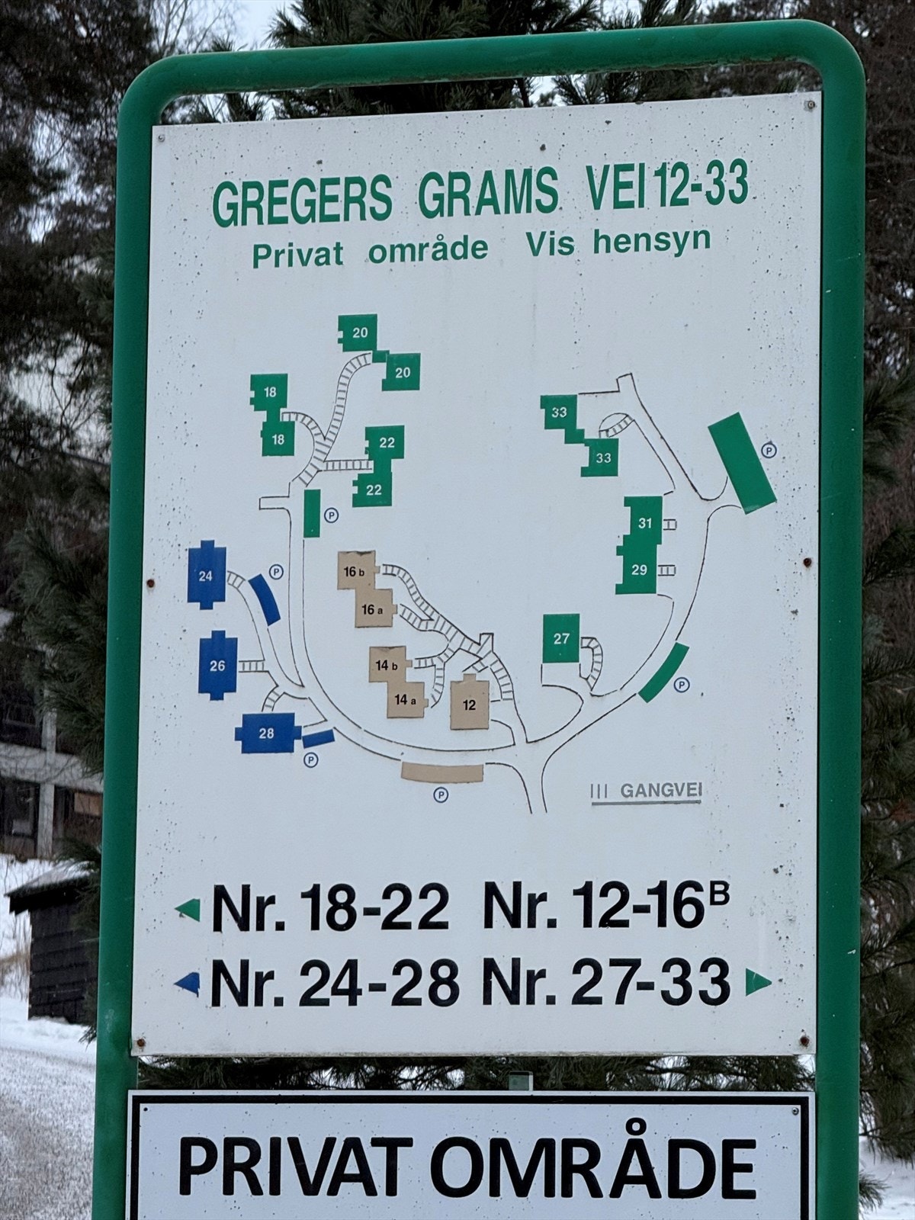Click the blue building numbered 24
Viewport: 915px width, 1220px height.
[x=206, y=576]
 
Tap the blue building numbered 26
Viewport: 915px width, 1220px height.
[x=217, y=666]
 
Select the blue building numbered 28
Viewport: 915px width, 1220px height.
[x=265, y=734]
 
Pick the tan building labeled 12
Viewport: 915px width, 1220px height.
[x=470, y=704]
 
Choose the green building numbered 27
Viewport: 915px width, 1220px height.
[x=561, y=638]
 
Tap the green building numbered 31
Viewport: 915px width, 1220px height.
[x=644, y=523]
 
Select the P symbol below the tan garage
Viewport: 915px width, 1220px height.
[x=441, y=795]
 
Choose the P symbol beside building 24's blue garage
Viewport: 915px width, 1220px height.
[x=277, y=570]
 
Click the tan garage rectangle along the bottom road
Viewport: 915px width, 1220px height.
[x=442, y=772]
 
